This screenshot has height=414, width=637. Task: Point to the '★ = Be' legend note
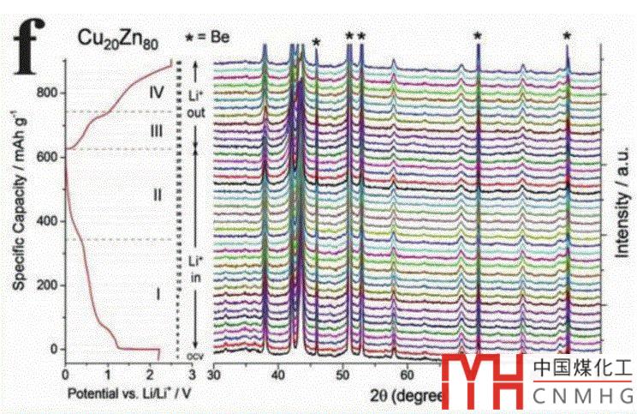tap(209, 37)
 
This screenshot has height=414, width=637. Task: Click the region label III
tap(155, 131)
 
